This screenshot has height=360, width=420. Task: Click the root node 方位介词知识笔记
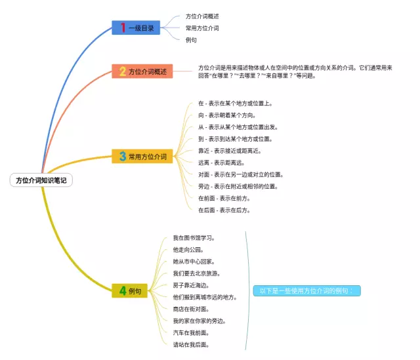coord(41,180)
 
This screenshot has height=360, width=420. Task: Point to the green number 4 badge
coord(122,290)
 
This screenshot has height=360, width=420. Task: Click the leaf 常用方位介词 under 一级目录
coord(202,28)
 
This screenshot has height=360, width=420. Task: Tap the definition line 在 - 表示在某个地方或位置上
coord(235,103)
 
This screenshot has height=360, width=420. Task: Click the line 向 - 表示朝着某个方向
coord(227,115)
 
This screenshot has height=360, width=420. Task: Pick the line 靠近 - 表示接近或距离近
coord(230,151)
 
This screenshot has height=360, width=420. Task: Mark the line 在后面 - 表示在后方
coord(224,210)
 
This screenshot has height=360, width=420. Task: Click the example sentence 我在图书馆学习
coord(194,237)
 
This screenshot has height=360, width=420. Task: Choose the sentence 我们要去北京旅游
coord(196,273)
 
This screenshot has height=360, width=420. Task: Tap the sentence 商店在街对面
coord(191,309)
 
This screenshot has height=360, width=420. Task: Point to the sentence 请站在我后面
coord(191,344)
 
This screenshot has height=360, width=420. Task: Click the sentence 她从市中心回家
coord(194,261)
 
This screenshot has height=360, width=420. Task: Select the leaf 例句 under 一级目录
coord(191,40)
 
